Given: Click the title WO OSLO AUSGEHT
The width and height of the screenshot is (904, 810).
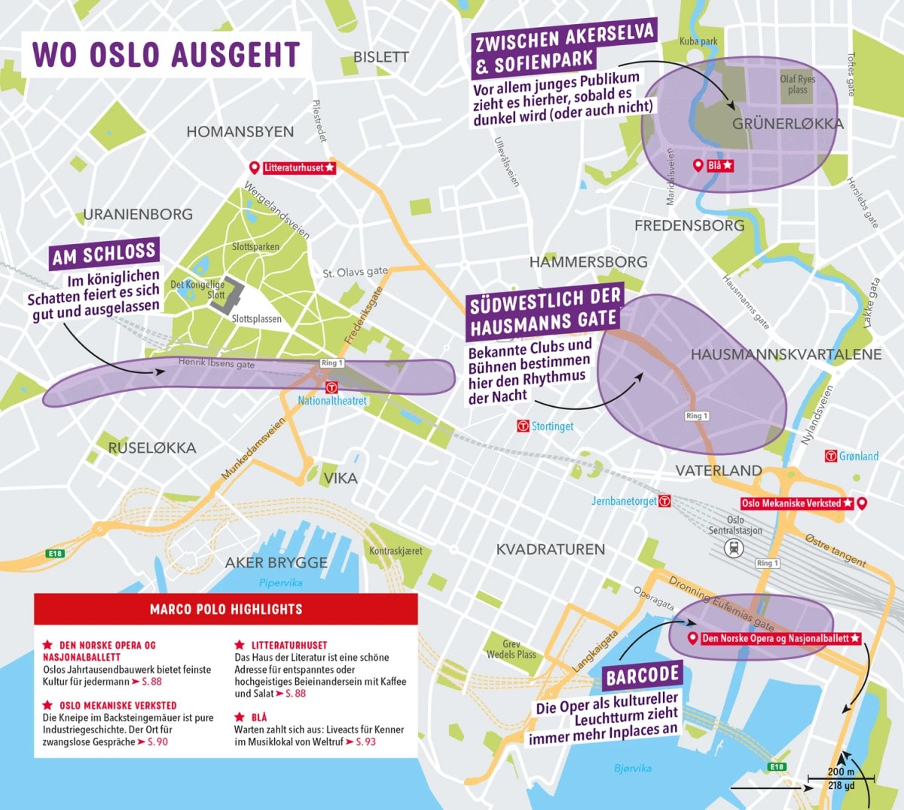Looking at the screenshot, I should click(166, 55).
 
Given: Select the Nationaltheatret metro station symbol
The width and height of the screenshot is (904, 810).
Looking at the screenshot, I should click(331, 387).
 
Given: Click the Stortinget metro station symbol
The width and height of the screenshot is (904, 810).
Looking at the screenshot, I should click(524, 426).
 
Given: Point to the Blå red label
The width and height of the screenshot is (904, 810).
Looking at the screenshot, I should click(719, 166).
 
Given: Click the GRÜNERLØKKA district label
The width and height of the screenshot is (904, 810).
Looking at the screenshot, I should click(787, 124).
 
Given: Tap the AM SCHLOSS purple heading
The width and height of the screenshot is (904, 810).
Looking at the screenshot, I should click(104, 255).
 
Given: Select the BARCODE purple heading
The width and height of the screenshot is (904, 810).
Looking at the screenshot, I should click(643, 677).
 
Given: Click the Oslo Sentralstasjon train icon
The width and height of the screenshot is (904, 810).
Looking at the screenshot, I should click(734, 549).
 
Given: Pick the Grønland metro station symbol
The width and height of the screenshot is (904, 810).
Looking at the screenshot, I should click(831, 456).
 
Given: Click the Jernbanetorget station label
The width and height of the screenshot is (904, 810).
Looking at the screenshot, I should click(624, 501).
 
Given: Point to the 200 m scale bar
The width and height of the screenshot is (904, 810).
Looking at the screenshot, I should click(841, 778).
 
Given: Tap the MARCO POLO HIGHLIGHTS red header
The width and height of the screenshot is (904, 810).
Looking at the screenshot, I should click(226, 609).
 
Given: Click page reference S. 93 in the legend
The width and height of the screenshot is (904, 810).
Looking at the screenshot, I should click(365, 742).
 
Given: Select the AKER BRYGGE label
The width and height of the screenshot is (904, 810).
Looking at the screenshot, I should click(276, 563).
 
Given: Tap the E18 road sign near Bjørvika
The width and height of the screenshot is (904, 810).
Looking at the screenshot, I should click(777, 767).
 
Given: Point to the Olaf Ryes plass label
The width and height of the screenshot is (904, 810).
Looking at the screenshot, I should click(798, 84).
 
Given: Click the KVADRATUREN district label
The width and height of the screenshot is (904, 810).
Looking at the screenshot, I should click(550, 549).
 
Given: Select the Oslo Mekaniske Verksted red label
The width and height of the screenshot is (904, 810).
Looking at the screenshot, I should click(797, 503).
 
